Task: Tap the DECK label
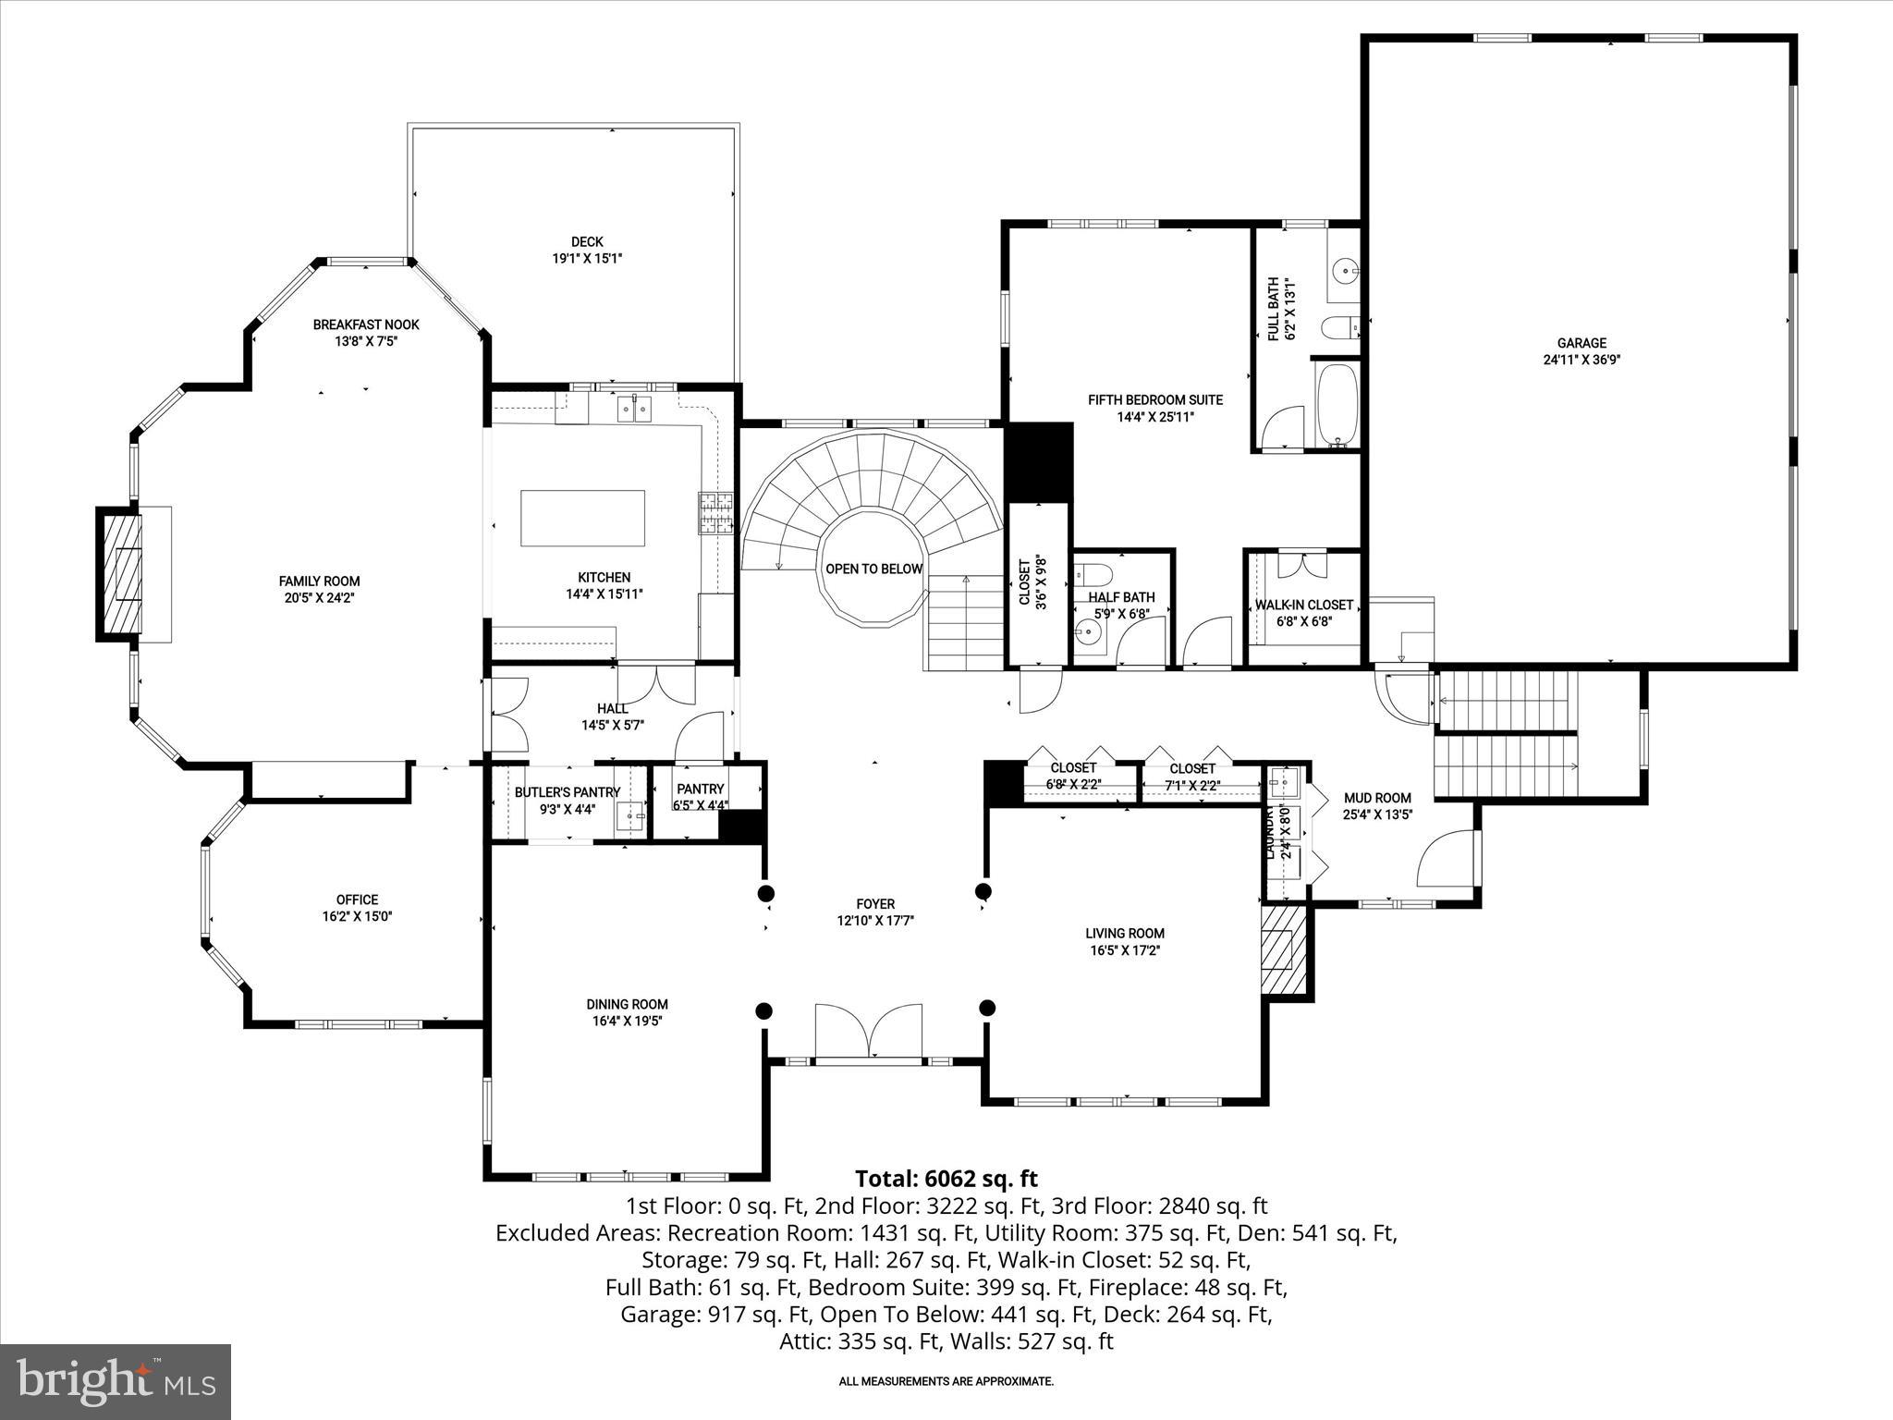tap(587, 242)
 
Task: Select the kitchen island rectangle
tap(582, 519)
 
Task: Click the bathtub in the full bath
tap(1337, 404)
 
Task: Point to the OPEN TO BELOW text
tap(873, 569)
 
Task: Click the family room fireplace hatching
tap(121, 573)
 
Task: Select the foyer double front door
tap(869, 1031)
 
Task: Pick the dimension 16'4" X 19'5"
tap(627, 1022)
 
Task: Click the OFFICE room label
tap(357, 900)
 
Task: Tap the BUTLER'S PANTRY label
tap(567, 792)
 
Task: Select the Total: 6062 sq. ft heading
tap(946, 1179)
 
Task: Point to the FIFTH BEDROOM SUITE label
tap(1154, 400)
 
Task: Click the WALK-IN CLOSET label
tap(1303, 605)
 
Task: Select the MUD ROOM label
tap(1377, 798)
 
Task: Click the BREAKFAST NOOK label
tap(366, 324)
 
